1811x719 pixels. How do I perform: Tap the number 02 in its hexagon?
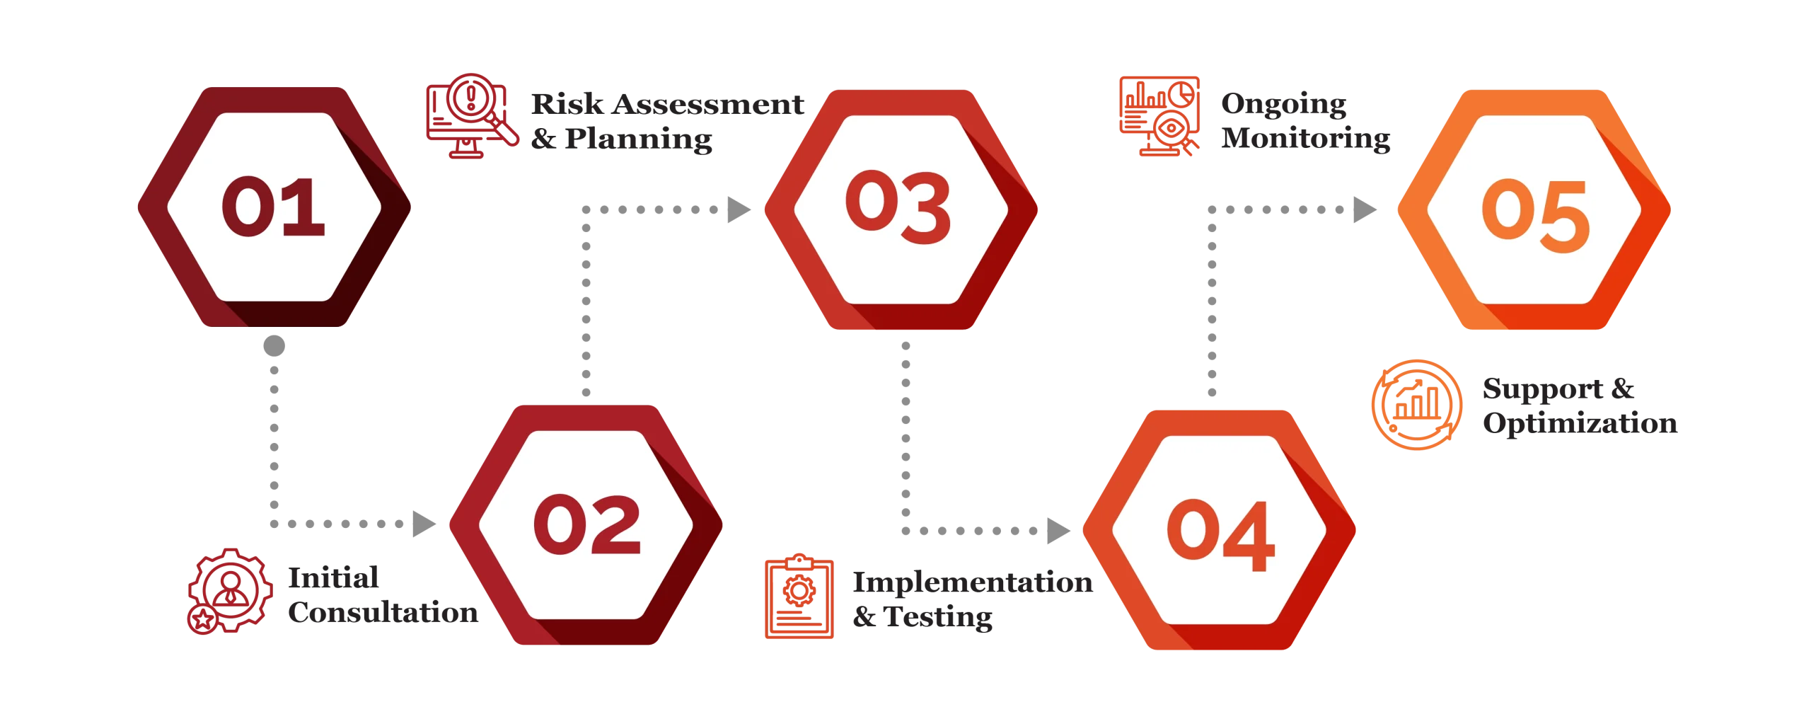tap(587, 524)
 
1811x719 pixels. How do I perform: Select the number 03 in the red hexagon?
tap(898, 207)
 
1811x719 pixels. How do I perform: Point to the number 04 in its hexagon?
tap(1221, 535)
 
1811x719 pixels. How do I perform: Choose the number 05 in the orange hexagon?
tap(1536, 215)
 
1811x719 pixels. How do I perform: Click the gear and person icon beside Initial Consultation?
tap(230, 591)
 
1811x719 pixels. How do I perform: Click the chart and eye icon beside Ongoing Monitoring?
tap(1159, 116)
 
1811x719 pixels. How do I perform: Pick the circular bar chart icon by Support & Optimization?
tap(1416, 405)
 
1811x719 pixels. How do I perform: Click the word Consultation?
tap(383, 612)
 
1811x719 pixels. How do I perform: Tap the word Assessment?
tap(708, 104)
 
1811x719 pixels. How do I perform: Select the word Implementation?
tap(973, 583)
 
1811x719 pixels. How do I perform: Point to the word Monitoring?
tap(1306, 139)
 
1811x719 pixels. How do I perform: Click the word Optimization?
tap(1580, 424)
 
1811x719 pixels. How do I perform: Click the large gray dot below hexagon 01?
tap(274, 346)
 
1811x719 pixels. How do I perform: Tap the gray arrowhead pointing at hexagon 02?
tap(424, 524)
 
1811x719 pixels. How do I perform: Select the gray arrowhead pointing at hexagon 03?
tap(739, 209)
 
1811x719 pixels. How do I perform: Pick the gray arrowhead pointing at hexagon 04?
tap(1059, 531)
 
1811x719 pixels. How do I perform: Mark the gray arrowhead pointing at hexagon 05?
tap(1365, 209)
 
